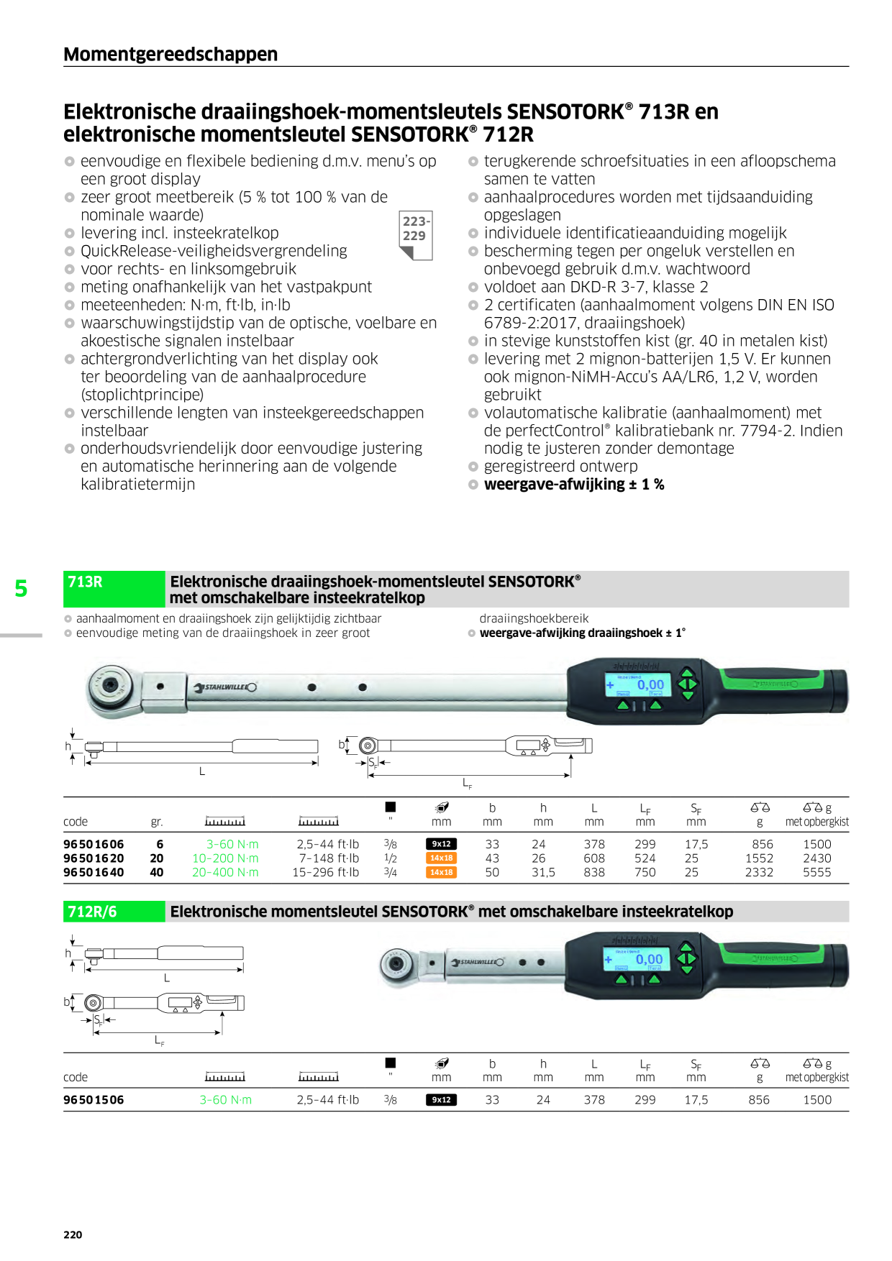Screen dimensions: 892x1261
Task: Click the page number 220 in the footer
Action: point(73,1234)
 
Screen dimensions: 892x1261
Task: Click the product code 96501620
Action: point(94,858)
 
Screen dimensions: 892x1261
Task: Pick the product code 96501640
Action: point(94,872)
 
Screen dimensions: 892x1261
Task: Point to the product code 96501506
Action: point(94,1100)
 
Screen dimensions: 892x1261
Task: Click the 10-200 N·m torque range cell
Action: point(225,858)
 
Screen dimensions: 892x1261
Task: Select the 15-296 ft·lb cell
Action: point(325,872)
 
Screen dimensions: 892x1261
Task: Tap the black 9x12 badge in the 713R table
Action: point(441,844)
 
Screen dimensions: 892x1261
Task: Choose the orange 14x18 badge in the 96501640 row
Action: point(441,872)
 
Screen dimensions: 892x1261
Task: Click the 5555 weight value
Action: point(816,872)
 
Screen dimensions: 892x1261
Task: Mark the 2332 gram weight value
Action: point(759,872)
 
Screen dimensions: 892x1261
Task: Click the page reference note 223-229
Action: point(414,229)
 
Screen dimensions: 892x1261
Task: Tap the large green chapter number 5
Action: point(21,589)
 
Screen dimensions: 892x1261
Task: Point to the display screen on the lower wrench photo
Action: point(635,959)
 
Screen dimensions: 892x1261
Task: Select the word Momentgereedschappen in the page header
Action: point(170,54)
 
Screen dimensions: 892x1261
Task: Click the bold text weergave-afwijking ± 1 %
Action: point(574,485)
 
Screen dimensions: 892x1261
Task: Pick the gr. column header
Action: point(157,822)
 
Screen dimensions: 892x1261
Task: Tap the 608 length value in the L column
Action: point(594,858)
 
